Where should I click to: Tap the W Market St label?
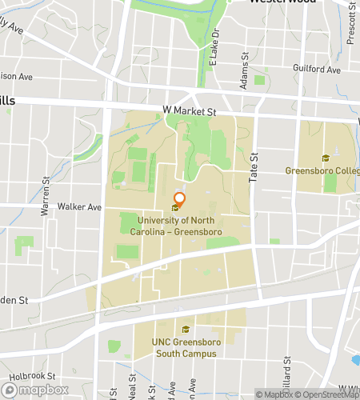190,111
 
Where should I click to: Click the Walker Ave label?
83,206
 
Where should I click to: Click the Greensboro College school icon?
325,158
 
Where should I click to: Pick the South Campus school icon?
186,330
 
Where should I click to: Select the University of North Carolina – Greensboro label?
178,226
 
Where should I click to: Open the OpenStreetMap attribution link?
323,394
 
